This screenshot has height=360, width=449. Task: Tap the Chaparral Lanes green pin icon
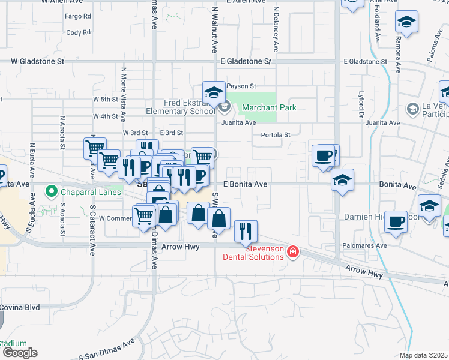[52, 193]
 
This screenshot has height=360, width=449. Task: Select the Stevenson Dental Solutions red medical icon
[292, 251]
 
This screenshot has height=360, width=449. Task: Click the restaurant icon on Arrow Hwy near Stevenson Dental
[246, 230]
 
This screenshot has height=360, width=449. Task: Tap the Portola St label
[276, 135]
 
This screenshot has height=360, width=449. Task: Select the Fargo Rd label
[78, 16]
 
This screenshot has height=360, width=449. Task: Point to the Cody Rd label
[78, 32]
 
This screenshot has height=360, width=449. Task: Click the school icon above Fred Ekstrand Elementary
[212, 92]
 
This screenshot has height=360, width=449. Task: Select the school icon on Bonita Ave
[342, 179]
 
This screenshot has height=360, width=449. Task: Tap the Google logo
[19, 353]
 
